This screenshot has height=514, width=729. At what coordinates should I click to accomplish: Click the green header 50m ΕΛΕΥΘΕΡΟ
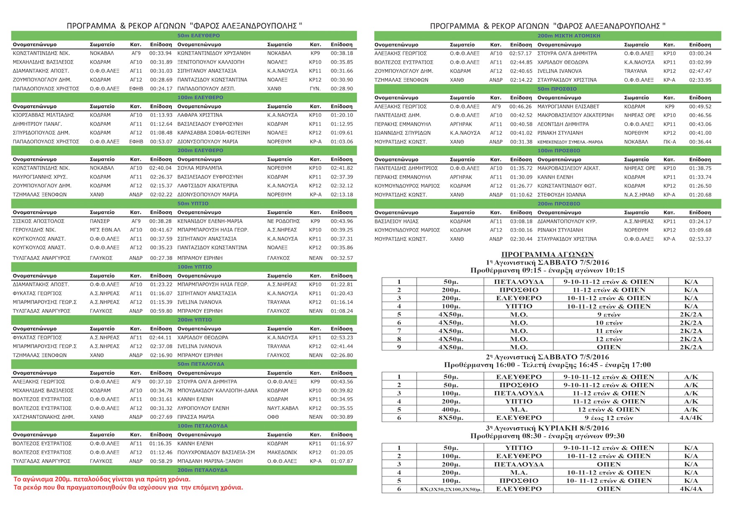(198, 36)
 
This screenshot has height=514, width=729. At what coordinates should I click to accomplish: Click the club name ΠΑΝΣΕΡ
(100, 221)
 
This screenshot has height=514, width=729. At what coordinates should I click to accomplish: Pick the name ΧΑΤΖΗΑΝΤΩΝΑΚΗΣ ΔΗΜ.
(44, 417)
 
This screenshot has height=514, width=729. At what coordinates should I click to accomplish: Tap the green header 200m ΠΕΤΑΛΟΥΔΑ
(203, 470)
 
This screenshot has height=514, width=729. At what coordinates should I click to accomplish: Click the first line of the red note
(102, 479)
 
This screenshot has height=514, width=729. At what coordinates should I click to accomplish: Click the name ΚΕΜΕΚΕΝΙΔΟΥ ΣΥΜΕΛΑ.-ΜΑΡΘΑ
(570, 142)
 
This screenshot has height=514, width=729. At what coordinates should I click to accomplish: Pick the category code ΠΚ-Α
(669, 142)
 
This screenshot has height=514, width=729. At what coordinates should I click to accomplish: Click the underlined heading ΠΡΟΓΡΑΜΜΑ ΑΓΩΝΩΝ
(547, 254)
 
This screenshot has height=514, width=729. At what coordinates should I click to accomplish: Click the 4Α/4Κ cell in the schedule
(690, 418)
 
